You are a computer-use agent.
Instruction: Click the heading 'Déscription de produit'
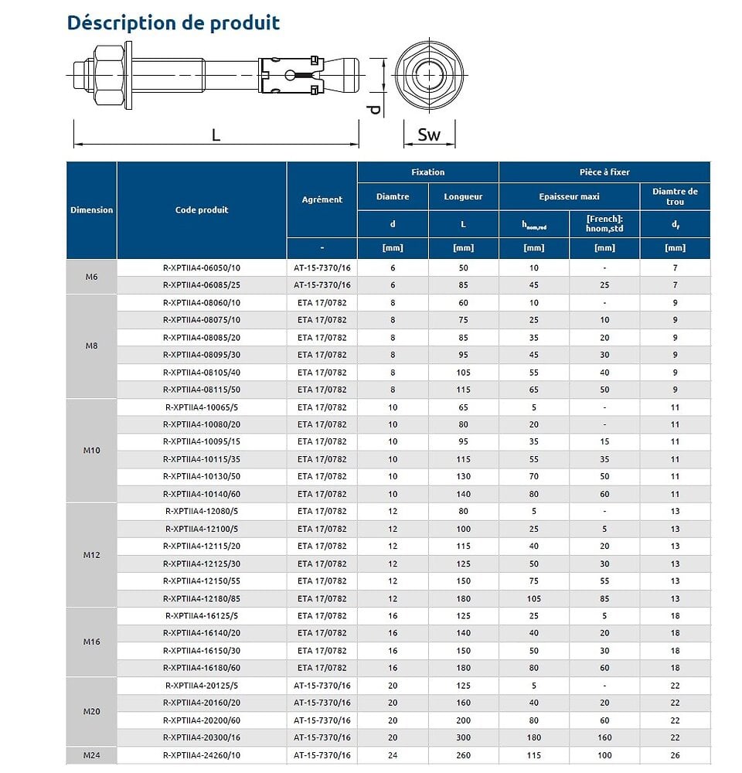(x=173, y=22)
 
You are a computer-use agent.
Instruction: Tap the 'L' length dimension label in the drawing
(x=216, y=135)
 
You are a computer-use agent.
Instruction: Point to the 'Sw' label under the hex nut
(x=428, y=135)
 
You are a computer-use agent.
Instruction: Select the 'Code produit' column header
(x=202, y=209)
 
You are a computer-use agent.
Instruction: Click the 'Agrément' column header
(x=322, y=199)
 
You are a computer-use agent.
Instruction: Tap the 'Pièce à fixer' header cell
(x=604, y=172)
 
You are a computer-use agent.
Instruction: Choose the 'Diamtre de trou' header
(x=675, y=196)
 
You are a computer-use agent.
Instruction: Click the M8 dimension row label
(x=91, y=346)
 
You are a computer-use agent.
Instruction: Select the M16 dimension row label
(x=91, y=642)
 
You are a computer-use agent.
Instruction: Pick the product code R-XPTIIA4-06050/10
(x=202, y=267)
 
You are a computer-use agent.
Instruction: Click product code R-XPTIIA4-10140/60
(x=202, y=494)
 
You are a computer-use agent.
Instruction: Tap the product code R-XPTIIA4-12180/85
(x=202, y=598)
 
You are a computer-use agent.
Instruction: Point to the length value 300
(x=463, y=737)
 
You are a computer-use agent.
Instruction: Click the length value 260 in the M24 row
(x=463, y=755)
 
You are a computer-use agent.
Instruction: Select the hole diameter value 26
(x=675, y=755)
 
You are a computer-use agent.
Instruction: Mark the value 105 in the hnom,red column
(x=534, y=598)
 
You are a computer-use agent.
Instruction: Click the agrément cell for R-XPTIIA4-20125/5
(x=322, y=685)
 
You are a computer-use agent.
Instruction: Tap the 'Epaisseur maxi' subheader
(x=569, y=196)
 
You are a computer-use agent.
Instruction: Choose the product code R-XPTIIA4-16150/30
(x=202, y=650)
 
